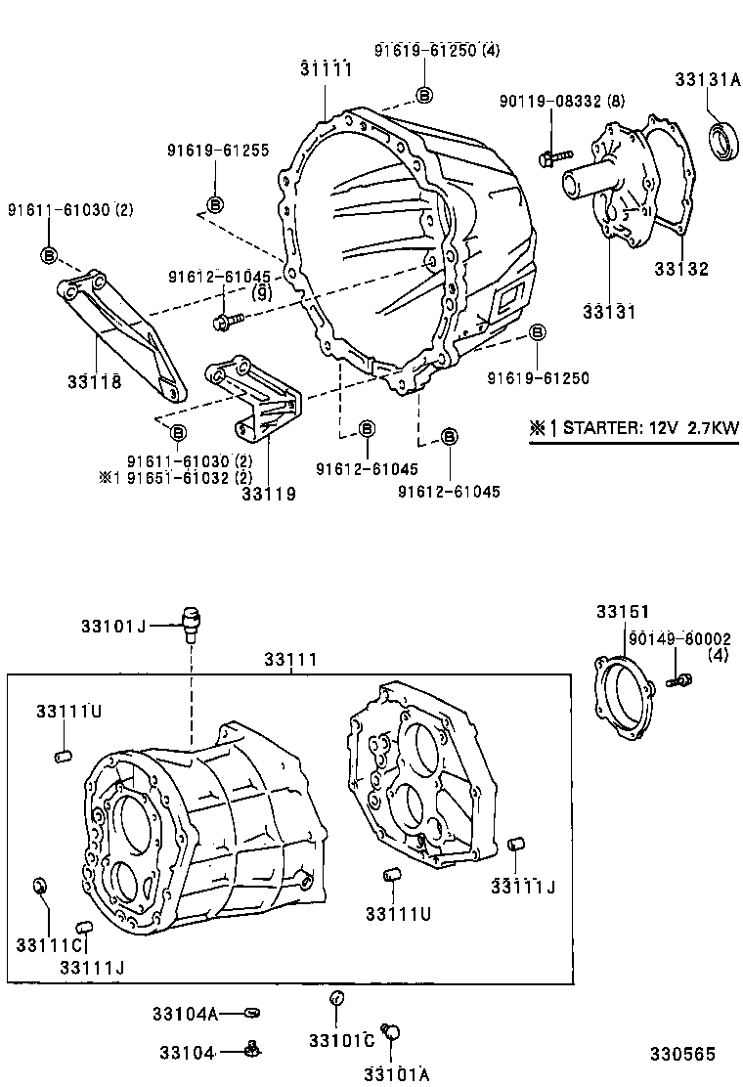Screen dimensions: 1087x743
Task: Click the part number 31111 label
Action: point(326,67)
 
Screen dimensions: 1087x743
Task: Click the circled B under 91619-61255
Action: point(214,203)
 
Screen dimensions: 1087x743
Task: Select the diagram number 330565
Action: point(684,1054)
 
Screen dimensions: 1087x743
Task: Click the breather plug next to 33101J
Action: point(192,621)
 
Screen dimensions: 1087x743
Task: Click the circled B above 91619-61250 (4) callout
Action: point(423,94)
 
